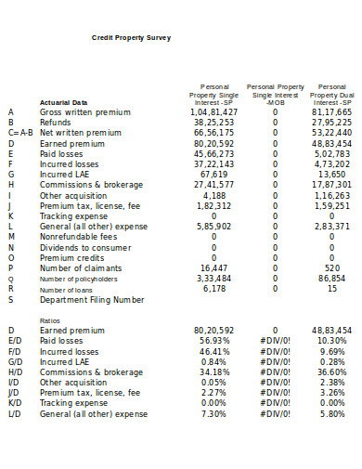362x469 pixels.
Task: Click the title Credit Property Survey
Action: click(x=131, y=38)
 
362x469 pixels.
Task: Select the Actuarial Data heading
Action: click(x=64, y=102)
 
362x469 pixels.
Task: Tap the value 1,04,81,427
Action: click(x=214, y=111)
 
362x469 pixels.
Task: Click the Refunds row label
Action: click(x=55, y=122)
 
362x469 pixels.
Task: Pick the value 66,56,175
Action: click(x=214, y=133)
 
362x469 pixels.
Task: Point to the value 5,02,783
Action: click(x=331, y=153)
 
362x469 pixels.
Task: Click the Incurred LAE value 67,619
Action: click(x=213, y=174)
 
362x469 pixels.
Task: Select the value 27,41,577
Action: click(x=214, y=184)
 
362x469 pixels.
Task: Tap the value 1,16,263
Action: click(x=331, y=195)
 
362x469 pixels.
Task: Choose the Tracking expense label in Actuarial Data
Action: click(x=74, y=215)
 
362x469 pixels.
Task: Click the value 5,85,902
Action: click(x=214, y=226)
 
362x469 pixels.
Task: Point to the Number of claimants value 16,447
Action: click(x=213, y=267)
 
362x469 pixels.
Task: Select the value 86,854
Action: click(x=331, y=278)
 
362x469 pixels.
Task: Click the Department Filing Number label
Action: click(x=92, y=299)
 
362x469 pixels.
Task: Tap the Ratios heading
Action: click(x=50, y=319)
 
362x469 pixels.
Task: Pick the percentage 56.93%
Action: click(x=214, y=341)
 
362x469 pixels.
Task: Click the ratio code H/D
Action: click(x=13, y=372)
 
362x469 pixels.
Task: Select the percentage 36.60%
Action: click(x=331, y=372)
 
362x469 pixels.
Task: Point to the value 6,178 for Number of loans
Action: click(x=213, y=288)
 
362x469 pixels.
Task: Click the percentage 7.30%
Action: click(x=214, y=414)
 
